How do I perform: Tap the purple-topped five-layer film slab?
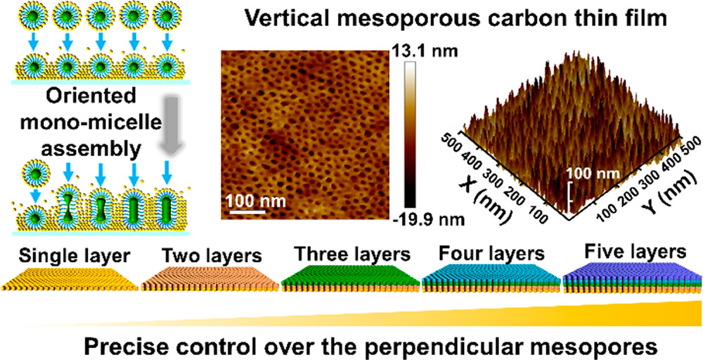(x=629, y=277)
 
